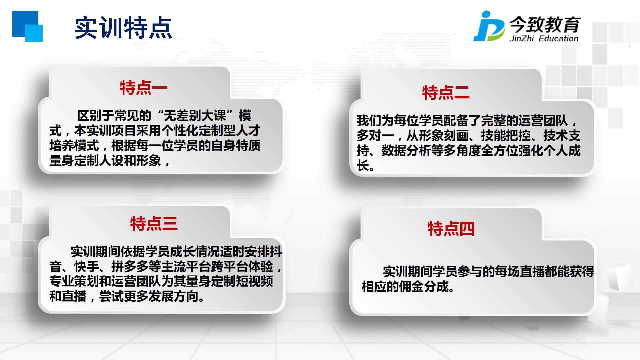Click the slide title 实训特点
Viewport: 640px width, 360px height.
123,28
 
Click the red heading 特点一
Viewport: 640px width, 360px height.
144,88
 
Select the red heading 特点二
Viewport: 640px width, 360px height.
446,93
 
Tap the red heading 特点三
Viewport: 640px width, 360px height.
154,224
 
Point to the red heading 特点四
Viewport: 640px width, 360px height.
451,229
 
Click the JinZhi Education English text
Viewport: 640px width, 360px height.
544,38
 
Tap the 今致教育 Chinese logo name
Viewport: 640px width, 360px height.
545,24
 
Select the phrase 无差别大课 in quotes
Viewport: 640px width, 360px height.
195,116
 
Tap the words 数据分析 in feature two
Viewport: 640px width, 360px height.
406,151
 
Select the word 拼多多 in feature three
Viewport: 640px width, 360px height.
130,267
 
